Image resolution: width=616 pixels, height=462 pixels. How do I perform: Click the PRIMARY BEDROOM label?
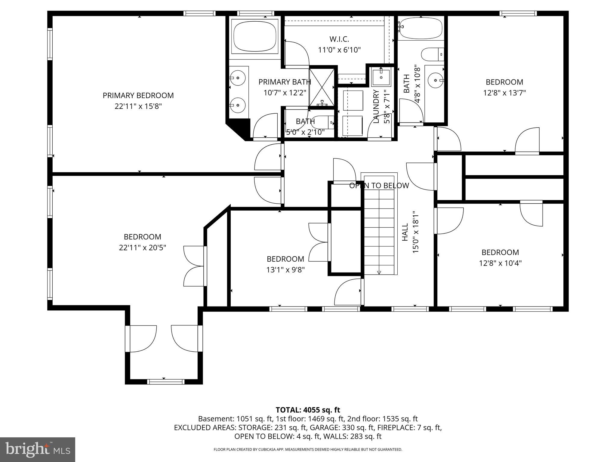pyautogui.click(x=138, y=95)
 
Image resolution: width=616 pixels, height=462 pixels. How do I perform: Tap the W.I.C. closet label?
pyautogui.click(x=339, y=39)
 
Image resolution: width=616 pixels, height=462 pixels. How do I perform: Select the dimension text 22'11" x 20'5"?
pyautogui.click(x=142, y=248)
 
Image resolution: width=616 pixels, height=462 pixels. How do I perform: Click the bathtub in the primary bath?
pyautogui.click(x=255, y=36)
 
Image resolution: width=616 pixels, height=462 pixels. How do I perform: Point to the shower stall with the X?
pyautogui.click(x=322, y=87)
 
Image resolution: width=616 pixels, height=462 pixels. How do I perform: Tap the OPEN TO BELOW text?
pyautogui.click(x=379, y=186)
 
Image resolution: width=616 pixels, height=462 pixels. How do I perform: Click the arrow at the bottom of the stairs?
pyautogui.click(x=379, y=273)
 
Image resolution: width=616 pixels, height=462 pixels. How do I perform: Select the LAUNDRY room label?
pyautogui.click(x=376, y=106)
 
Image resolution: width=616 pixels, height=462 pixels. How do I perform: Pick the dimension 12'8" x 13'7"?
pyautogui.click(x=504, y=93)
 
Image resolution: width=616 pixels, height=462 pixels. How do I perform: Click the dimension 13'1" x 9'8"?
pyautogui.click(x=285, y=270)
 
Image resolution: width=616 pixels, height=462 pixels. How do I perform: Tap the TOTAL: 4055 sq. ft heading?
pyautogui.click(x=308, y=410)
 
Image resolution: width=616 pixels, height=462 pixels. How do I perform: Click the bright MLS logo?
pyautogui.click(x=38, y=449)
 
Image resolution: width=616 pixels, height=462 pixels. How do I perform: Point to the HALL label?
pyautogui.click(x=405, y=232)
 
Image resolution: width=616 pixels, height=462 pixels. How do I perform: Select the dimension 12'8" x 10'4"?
pyautogui.click(x=500, y=263)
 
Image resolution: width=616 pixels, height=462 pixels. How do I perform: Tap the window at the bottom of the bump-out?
pyautogui.click(x=165, y=382)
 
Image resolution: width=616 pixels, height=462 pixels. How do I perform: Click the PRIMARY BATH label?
pyautogui.click(x=285, y=82)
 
